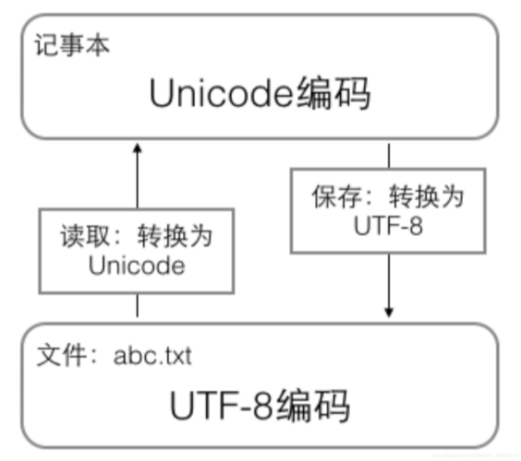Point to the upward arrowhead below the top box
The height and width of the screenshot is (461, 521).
pos(138,149)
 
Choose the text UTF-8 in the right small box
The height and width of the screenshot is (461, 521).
pos(389,225)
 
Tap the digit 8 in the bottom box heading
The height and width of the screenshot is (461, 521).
pos(252,406)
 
